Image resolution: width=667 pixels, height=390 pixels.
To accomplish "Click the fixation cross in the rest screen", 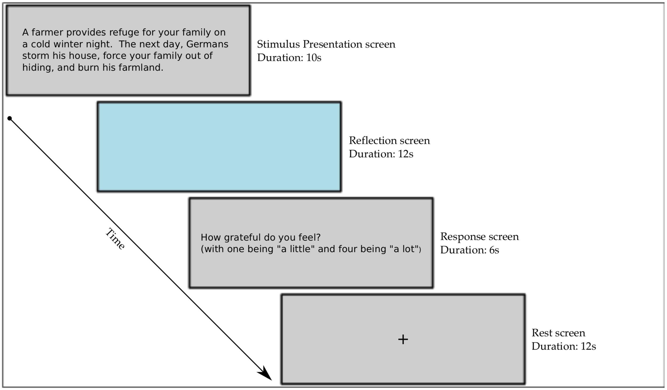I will click(x=403, y=340).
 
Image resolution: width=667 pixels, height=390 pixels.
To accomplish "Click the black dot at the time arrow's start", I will click(x=10, y=118).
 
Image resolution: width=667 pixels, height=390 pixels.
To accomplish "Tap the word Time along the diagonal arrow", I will click(x=115, y=239).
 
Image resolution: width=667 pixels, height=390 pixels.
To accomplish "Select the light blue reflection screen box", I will click(x=219, y=146).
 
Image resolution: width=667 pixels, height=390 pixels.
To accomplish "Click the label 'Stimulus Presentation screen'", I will click(x=326, y=44).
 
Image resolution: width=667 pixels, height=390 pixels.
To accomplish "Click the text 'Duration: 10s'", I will click(x=289, y=58).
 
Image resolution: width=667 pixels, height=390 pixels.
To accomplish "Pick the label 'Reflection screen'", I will click(x=389, y=141).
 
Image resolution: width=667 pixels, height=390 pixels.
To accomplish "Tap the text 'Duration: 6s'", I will click(x=469, y=250).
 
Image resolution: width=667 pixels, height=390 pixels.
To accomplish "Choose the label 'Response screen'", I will click(x=479, y=237).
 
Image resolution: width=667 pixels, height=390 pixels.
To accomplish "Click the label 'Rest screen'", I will click(x=558, y=333).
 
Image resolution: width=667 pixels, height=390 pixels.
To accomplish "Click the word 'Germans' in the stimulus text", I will click(x=207, y=44).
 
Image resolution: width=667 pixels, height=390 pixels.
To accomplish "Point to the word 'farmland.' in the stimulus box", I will click(x=141, y=67).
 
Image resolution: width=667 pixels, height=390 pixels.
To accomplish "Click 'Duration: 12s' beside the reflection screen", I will click(x=381, y=154).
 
